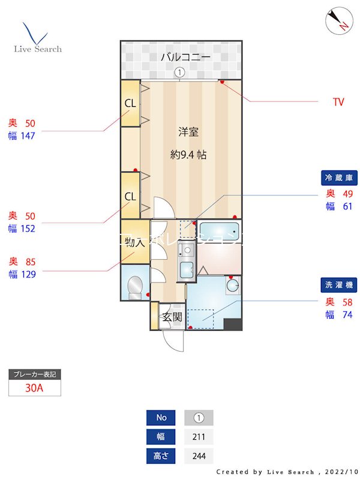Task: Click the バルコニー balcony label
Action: [x=185, y=58]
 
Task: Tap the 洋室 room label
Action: [x=188, y=132]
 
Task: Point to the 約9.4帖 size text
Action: [x=188, y=154]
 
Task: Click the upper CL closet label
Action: [x=130, y=103]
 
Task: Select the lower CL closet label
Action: [x=130, y=196]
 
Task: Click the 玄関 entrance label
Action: [x=173, y=317]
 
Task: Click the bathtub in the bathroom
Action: [x=219, y=232]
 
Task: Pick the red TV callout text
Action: [x=338, y=102]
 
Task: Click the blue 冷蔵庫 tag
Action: [x=340, y=178]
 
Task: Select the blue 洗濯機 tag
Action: [x=340, y=286]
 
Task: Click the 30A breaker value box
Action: [x=35, y=388]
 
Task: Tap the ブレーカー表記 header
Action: [x=35, y=374]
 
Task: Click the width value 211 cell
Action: [x=199, y=437]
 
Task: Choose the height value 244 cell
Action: [x=199, y=456]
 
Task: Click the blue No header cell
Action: [x=161, y=418]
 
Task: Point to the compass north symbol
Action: [x=338, y=20]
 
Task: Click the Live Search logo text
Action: [x=38, y=49]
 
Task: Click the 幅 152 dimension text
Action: [x=22, y=228]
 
